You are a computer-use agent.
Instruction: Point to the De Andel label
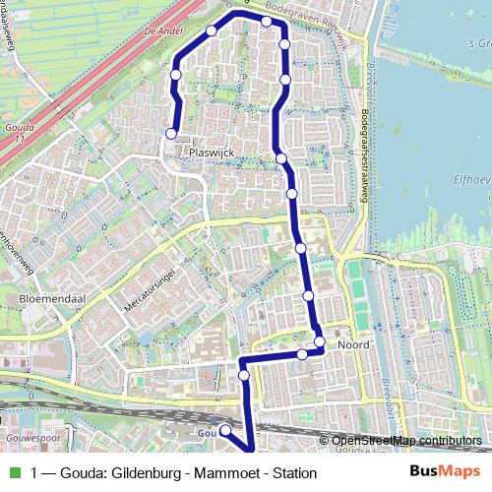pyautogui.click(x=164, y=31)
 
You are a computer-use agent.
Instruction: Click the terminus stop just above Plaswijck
pyautogui.click(x=171, y=134)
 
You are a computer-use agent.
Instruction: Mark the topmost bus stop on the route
pyautogui.click(x=267, y=21)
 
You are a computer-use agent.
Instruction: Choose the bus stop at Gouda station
pyautogui.click(x=224, y=431)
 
